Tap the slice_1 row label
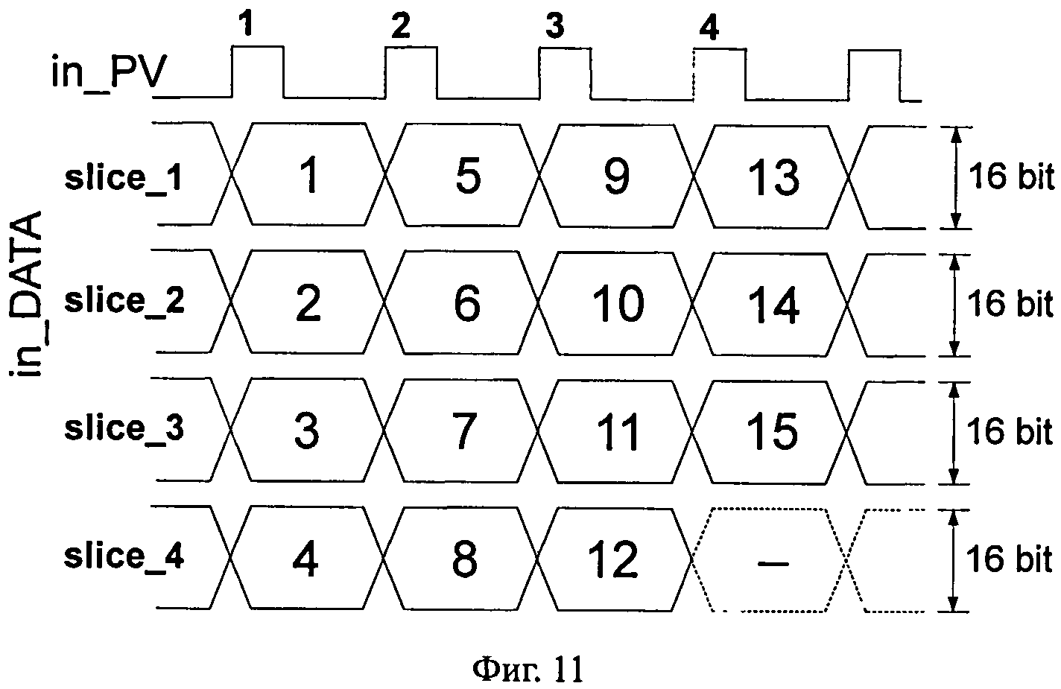[123, 180]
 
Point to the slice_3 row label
[124, 430]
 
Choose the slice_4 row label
[124, 556]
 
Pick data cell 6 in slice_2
[466, 305]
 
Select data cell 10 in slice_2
[618, 305]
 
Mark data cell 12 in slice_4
[614, 559]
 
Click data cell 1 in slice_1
[309, 177]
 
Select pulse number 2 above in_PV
[400, 28]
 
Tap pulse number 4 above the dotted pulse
[709, 29]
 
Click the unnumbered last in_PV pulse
[874, 74]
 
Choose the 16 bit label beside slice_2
[1010, 305]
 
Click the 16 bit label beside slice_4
[1010, 559]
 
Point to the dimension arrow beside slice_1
[954, 177]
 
